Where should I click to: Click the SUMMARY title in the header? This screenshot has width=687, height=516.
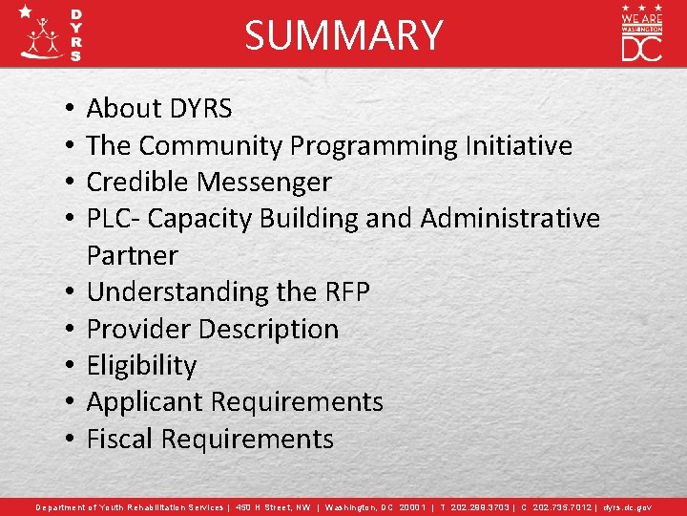[343, 35]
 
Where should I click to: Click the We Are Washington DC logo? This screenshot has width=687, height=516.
[642, 33]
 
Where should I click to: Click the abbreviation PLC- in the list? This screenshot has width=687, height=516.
[114, 219]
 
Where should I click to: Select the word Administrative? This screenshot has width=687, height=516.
[510, 219]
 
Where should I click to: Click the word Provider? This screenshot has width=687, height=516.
[140, 329]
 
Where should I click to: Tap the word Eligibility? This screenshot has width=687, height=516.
[141, 366]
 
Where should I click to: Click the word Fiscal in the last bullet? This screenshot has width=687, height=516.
[120, 440]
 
